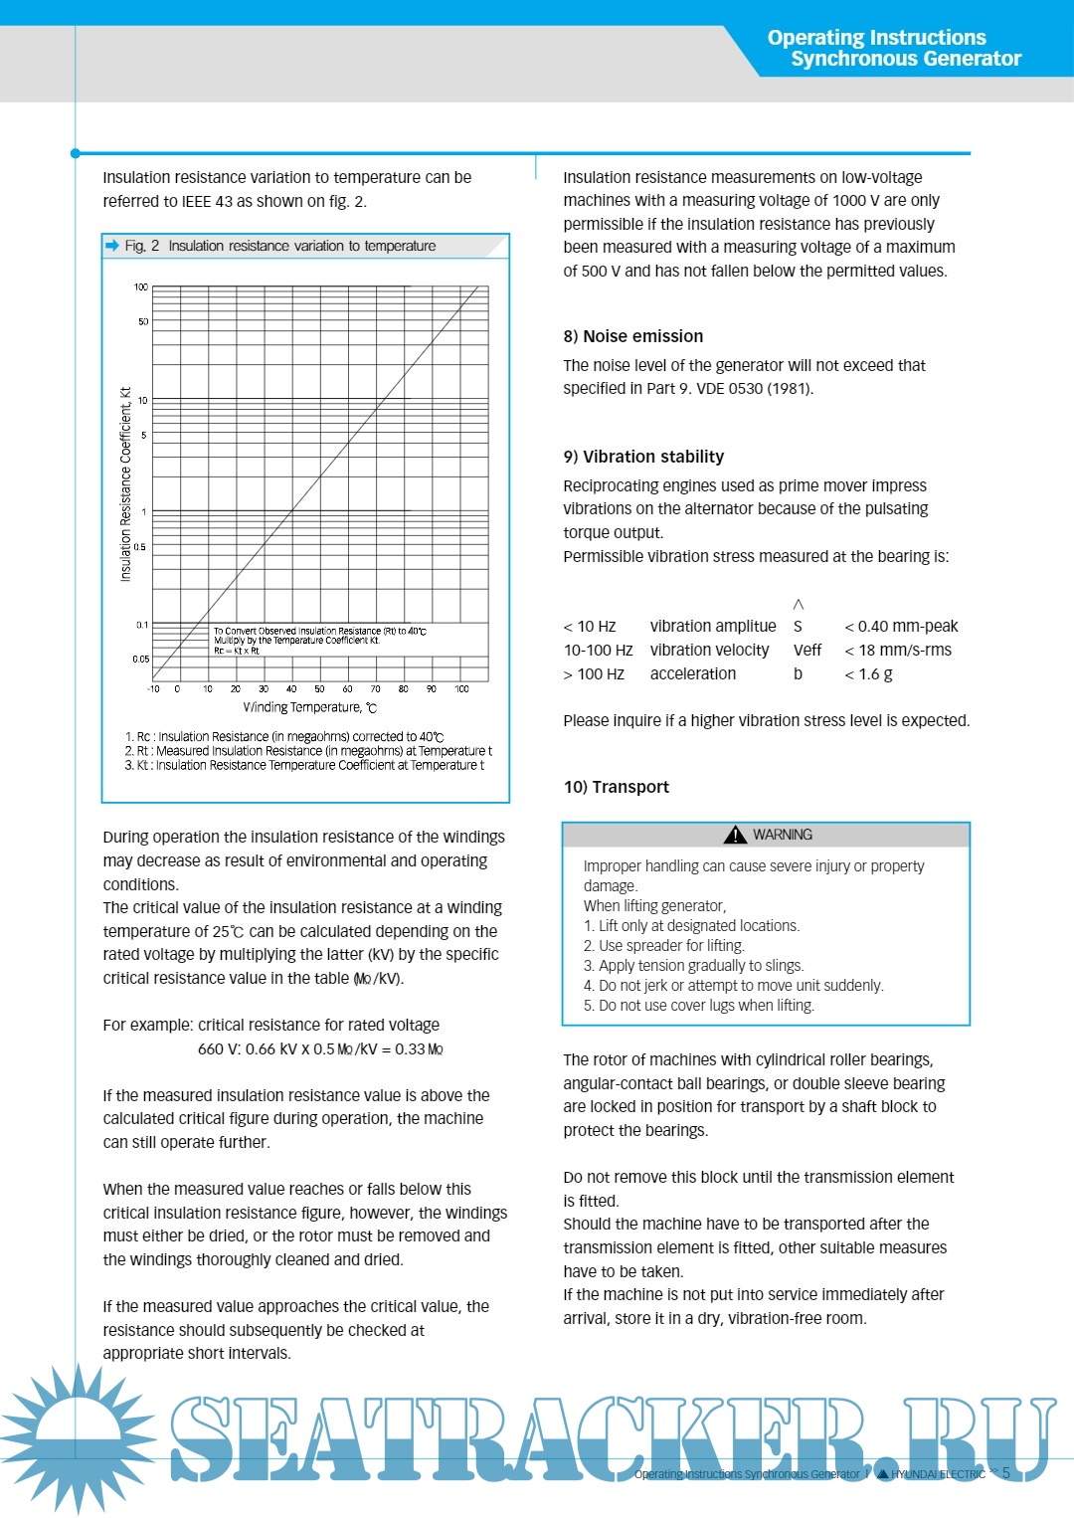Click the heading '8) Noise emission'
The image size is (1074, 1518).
pos(632,336)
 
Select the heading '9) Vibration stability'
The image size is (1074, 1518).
pos(643,457)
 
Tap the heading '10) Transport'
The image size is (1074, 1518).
pos(616,787)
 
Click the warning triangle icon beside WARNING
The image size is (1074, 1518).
pos(735,835)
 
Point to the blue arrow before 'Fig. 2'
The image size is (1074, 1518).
pos(112,246)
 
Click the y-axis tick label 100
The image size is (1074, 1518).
pos(141,286)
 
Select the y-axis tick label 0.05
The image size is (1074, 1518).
pos(140,659)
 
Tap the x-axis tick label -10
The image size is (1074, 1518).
pos(153,688)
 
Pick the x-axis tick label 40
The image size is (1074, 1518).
pos(291,688)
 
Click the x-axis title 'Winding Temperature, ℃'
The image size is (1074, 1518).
pos(310,707)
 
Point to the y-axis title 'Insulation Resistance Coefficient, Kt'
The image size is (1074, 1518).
pos(126,484)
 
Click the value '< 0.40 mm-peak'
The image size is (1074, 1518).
pos(901,626)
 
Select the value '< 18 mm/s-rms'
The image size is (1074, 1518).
pos(898,650)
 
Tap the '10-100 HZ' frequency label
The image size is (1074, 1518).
pos(598,650)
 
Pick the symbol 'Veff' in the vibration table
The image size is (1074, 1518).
pos(807,650)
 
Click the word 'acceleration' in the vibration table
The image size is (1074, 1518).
pos(693,673)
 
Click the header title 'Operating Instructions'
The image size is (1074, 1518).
pos(876,38)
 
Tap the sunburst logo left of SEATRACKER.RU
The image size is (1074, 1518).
pos(77,1437)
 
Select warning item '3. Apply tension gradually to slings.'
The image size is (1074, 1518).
pos(693,965)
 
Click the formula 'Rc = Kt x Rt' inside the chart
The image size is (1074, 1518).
pos(237,651)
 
